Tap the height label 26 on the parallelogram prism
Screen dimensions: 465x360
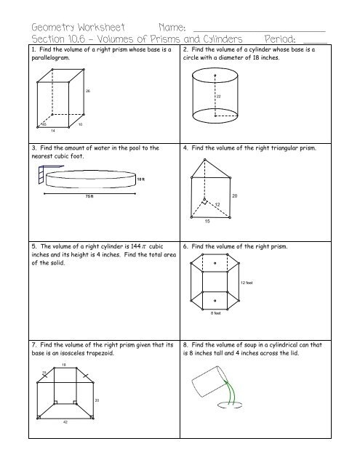click(x=87, y=91)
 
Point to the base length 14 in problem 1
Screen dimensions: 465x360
click(x=53, y=132)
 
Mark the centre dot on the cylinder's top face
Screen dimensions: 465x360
click(x=214, y=75)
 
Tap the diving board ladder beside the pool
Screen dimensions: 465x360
click(x=37, y=174)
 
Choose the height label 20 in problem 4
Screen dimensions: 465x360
click(x=255, y=196)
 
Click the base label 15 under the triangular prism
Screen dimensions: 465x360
click(x=207, y=221)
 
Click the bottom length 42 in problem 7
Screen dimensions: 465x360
click(x=65, y=424)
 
